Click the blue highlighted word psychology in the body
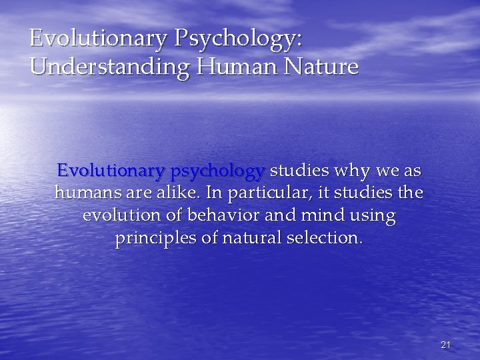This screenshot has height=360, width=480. (x=217, y=171)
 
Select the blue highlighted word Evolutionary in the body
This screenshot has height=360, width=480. (x=111, y=171)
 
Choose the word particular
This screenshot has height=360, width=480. (x=256, y=194)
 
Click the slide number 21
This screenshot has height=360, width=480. (x=446, y=345)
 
